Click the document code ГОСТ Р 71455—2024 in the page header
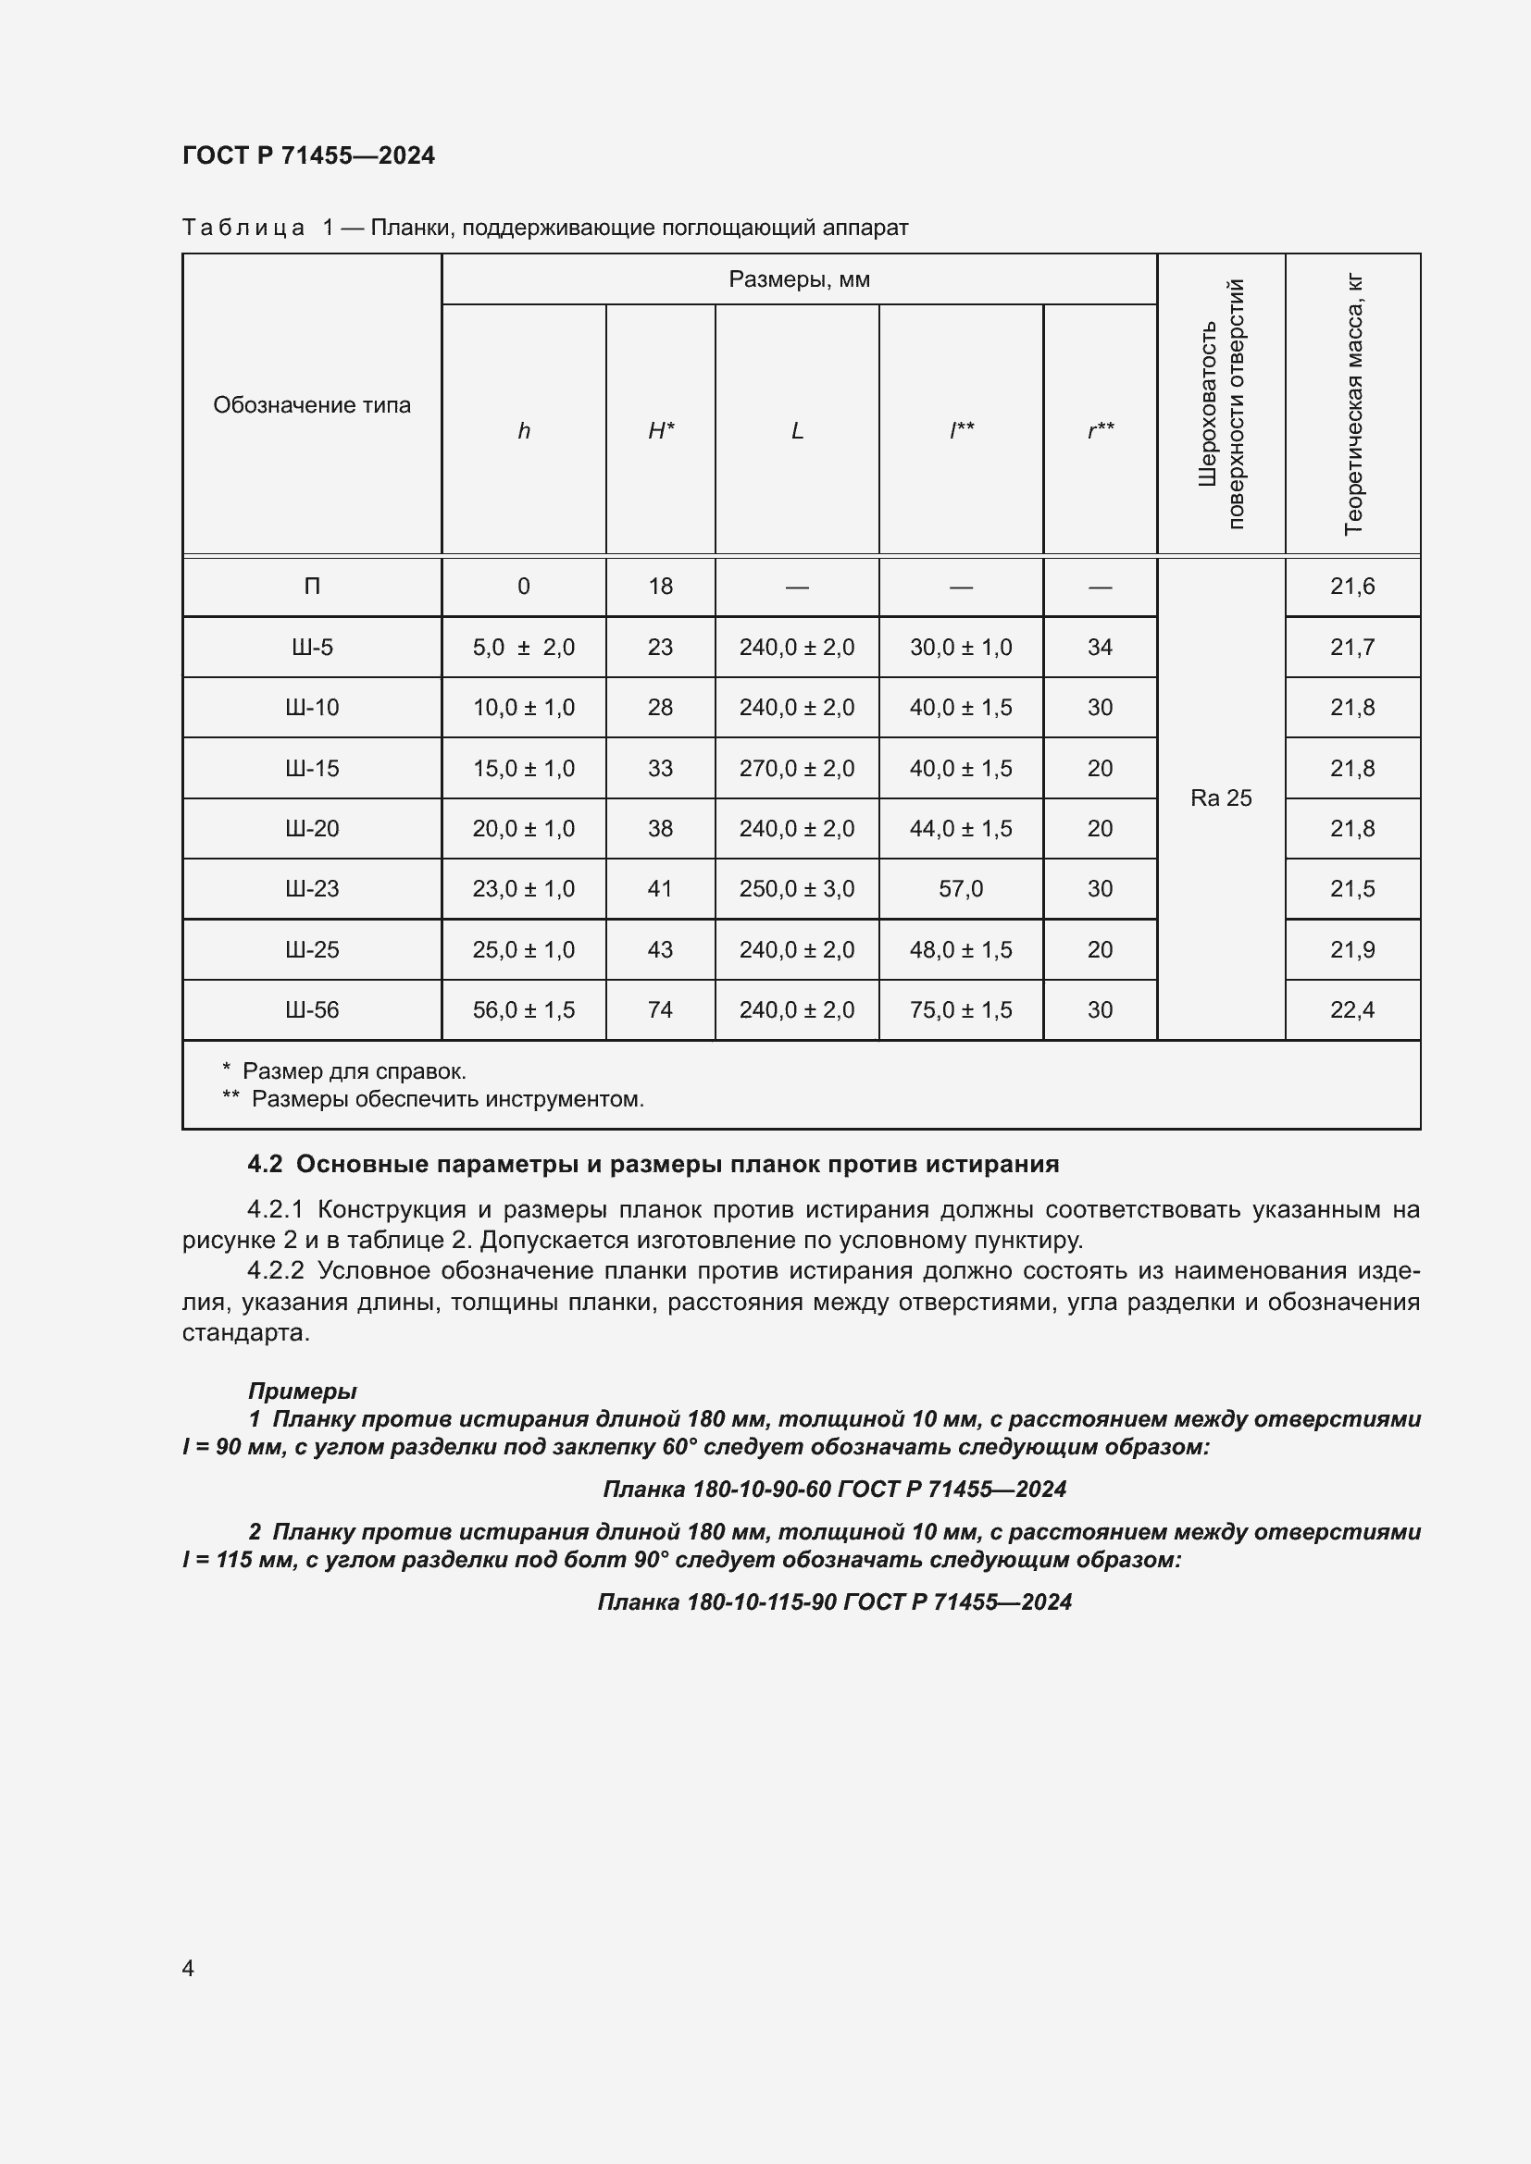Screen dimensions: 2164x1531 pyautogui.click(x=308, y=155)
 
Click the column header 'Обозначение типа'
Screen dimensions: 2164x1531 pyautogui.click(x=311, y=405)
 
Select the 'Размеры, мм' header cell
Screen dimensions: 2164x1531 pyautogui.click(x=799, y=280)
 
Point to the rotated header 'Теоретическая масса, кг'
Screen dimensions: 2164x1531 pyautogui.click(x=1353, y=404)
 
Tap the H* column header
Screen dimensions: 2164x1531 pyautogui.click(x=660, y=431)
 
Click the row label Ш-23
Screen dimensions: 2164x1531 pyautogui.click(x=311, y=889)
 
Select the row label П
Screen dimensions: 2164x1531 pyautogui.click(x=311, y=587)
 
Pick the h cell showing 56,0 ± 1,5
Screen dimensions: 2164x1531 pyautogui.click(x=523, y=1009)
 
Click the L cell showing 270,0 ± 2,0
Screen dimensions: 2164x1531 pyautogui.click(x=797, y=768)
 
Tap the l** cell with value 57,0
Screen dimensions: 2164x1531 pyautogui.click(x=961, y=889)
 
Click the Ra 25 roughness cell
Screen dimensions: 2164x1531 pyautogui.click(x=1221, y=798)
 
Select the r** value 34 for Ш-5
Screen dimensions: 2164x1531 pyautogui.click(x=1100, y=648)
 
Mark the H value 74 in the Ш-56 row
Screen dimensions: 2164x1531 pyautogui.click(x=660, y=1009)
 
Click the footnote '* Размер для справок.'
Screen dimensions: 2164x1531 pyautogui.click(x=345, y=1071)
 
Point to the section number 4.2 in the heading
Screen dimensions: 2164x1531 pyautogui.click(x=265, y=1165)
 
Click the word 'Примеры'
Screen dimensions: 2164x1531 pyautogui.click(x=302, y=1391)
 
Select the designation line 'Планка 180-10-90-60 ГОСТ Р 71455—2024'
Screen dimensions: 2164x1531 pyautogui.click(x=833, y=1490)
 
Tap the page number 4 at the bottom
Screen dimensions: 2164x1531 pyautogui.click(x=188, y=1968)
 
